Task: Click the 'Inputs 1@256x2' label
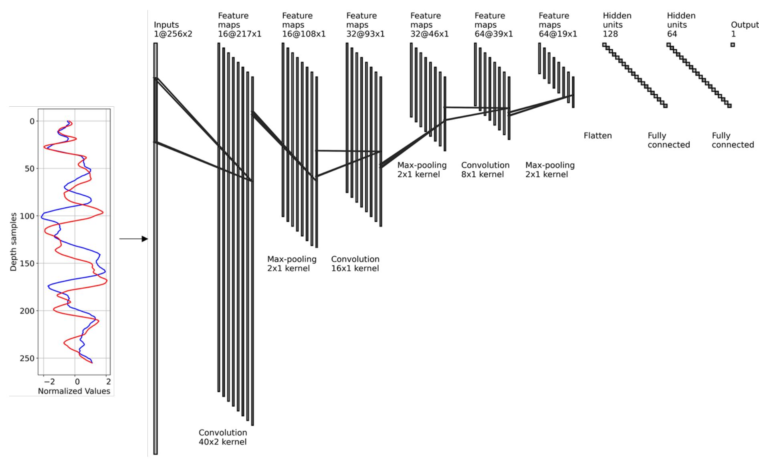pos(173,29)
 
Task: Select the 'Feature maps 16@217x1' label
pos(240,25)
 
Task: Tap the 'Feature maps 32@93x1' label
pos(365,25)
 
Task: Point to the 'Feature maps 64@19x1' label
pos(558,25)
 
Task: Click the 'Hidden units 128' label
pos(617,25)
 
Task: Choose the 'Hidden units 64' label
pos(681,25)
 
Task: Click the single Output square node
pos(733,45)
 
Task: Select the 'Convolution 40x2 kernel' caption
pos(223,437)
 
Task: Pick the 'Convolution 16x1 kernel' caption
pos(355,263)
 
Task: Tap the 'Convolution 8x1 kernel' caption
pos(485,170)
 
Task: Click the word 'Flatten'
pos(598,136)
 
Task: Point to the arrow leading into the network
pos(133,239)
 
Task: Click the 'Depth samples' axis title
pos(14,242)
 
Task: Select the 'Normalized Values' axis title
pos(74,391)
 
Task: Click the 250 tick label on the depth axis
pos(28,358)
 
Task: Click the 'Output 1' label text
pos(745,29)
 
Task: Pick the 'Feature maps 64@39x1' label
pos(494,25)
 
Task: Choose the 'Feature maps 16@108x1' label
pos(304,25)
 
